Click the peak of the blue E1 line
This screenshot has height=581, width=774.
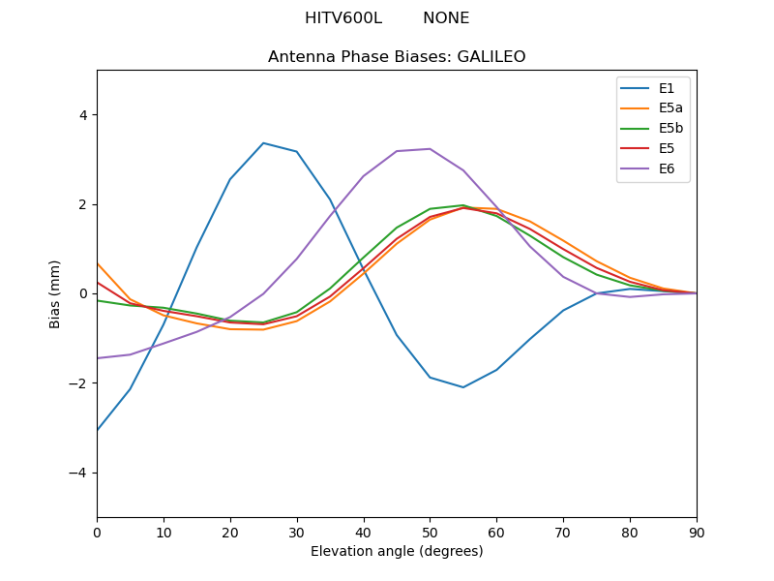[x=263, y=143]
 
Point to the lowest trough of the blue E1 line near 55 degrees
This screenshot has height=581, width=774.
[x=463, y=387]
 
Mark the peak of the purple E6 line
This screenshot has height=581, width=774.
[x=430, y=149]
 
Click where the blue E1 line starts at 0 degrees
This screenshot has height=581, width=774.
[x=98, y=430]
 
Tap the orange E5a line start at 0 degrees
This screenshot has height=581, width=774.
[x=98, y=263]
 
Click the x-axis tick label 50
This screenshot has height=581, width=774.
[x=430, y=532]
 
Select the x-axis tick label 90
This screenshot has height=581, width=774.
[x=696, y=532]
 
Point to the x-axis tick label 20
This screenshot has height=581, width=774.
[x=230, y=532]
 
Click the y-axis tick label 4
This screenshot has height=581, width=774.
[x=82, y=115]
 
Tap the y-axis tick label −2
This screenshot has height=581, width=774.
[x=78, y=383]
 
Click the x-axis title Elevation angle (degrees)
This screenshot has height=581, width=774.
[x=397, y=551]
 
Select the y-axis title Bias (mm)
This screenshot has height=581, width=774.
[x=56, y=293]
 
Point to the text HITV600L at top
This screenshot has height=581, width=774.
[x=342, y=18]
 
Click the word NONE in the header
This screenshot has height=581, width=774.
[x=446, y=18]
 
